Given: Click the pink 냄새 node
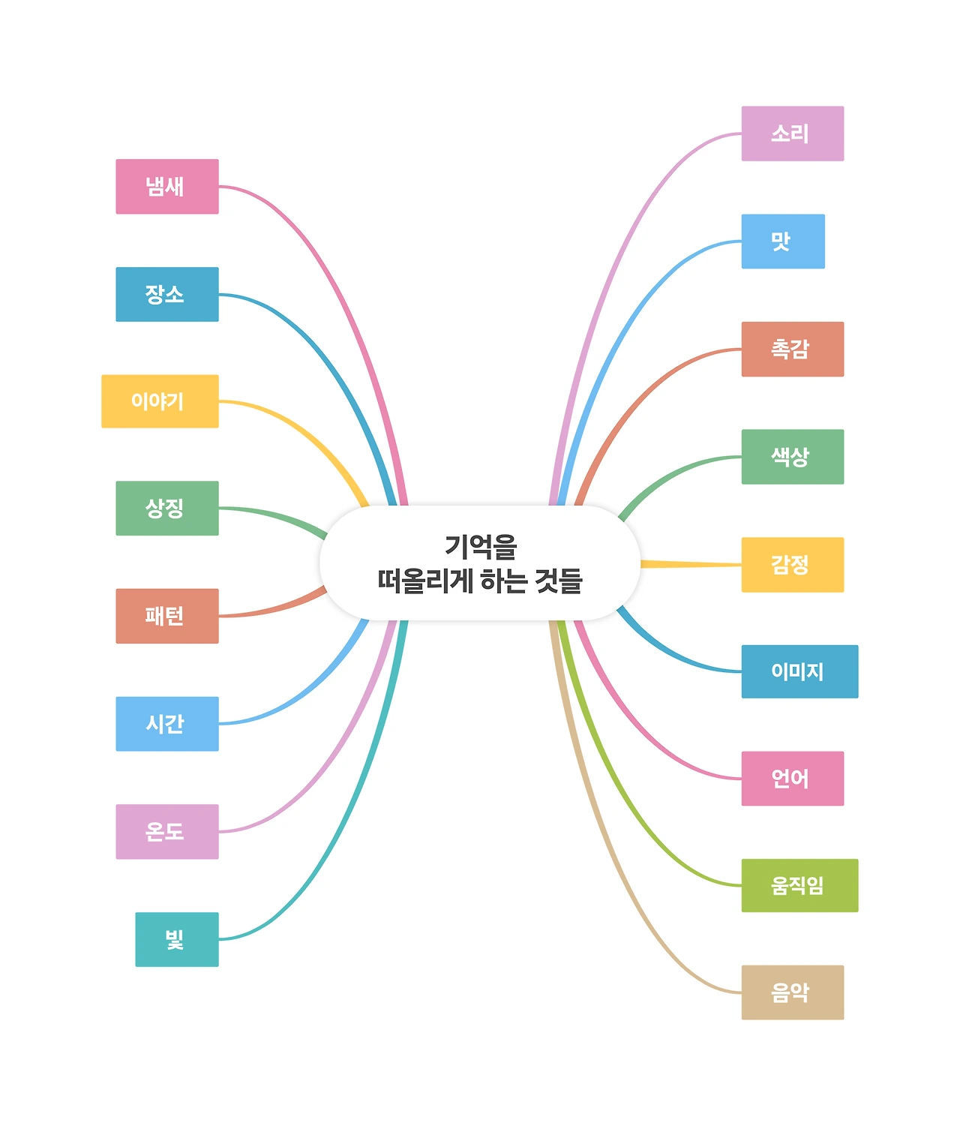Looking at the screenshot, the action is [x=166, y=186].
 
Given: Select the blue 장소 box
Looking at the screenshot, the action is [x=166, y=294].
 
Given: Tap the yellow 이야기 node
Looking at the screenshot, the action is [x=160, y=401].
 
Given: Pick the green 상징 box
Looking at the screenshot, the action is [x=166, y=508].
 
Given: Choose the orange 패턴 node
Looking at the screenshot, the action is [x=166, y=616].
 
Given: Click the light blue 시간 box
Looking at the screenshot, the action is [x=166, y=724].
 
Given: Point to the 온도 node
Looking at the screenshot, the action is [x=166, y=831].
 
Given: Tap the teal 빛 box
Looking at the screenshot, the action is [x=176, y=939].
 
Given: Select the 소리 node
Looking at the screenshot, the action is [x=792, y=134].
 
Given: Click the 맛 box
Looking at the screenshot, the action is [x=782, y=241].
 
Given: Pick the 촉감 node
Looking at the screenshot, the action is [x=792, y=349].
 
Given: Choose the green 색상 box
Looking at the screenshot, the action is [x=792, y=457].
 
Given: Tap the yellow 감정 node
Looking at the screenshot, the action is [x=792, y=564].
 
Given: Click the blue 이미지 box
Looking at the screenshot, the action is [x=799, y=671].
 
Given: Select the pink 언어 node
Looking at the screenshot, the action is [x=792, y=779].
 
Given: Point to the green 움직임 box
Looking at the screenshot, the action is [x=799, y=885].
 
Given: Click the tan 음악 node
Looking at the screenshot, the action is [x=792, y=992].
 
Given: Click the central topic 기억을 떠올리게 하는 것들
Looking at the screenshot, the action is [x=480, y=563].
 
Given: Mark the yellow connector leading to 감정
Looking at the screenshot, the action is [x=690, y=564].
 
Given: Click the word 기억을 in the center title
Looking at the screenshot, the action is [x=481, y=547].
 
